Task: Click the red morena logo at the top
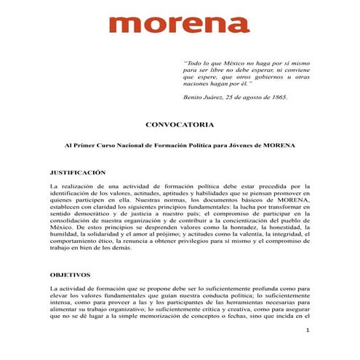tap(180, 25)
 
